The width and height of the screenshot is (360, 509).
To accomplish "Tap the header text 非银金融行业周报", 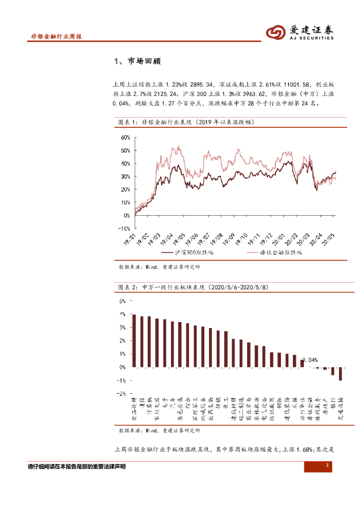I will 56,37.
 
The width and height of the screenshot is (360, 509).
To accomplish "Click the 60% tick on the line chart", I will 124,137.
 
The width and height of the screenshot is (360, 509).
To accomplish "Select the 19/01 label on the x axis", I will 130,240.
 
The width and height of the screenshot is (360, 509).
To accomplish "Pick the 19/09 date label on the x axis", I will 229,240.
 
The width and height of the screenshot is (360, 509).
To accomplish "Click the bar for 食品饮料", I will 134,341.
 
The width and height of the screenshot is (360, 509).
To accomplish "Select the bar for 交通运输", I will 341,374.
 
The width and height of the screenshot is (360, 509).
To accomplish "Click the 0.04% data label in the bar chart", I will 309,360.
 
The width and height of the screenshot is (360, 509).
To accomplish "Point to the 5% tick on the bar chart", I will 122,301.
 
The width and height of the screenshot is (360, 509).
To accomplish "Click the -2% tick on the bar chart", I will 121,393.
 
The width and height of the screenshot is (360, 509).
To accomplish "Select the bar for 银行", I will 333,371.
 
